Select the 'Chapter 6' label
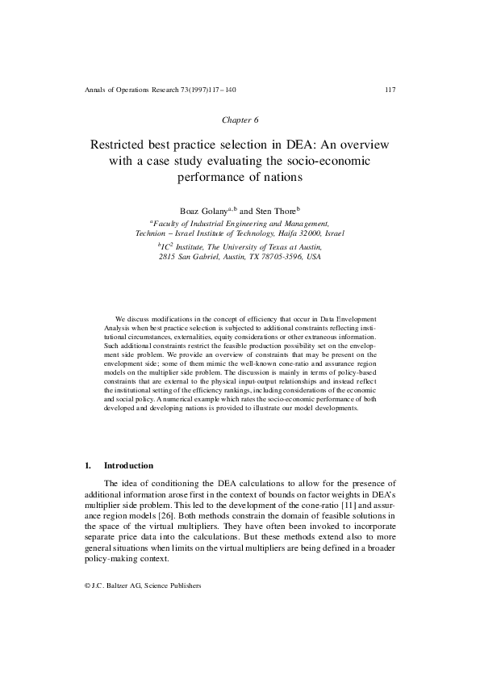point(240,120)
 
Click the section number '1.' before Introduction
point(88,466)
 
